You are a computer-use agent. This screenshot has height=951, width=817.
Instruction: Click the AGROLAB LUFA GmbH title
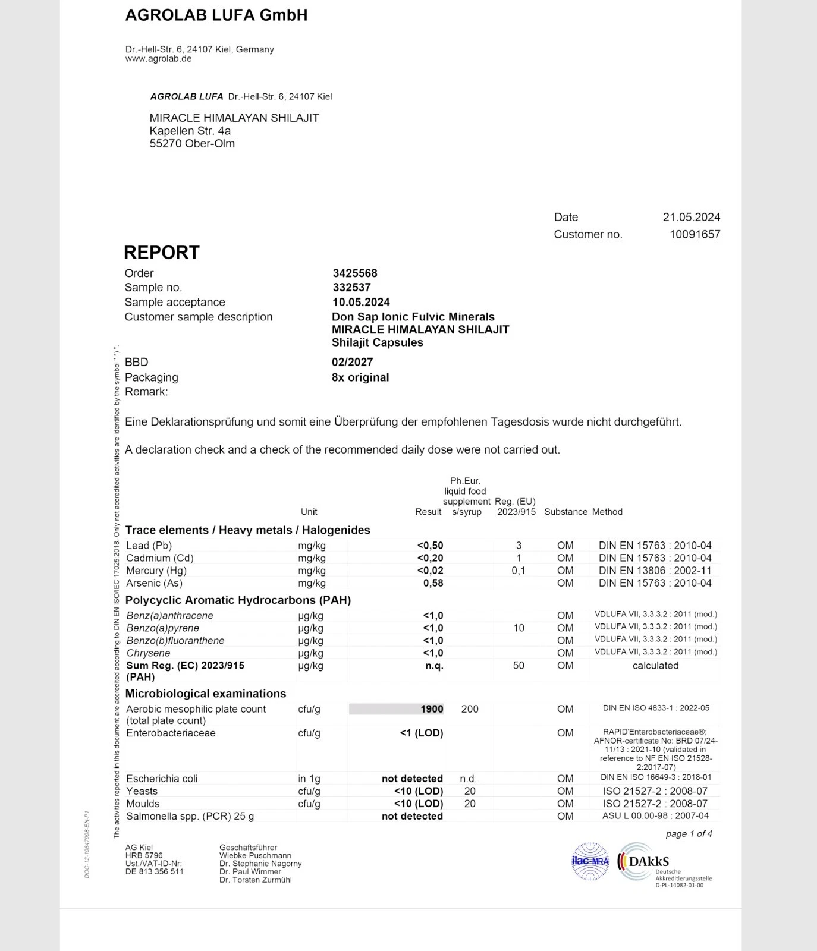[x=216, y=15]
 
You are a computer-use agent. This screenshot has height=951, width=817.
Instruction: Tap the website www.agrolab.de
[x=158, y=59]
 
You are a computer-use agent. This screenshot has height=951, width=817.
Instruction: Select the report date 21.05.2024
[x=691, y=218]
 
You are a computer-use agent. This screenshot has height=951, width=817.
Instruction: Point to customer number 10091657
[x=695, y=235]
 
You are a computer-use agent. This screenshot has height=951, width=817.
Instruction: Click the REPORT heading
[x=162, y=253]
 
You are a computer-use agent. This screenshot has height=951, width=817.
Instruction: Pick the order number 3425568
[x=354, y=273]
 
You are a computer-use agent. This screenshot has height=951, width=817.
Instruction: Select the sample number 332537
[x=351, y=288]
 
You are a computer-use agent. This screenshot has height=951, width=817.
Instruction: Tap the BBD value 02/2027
[x=352, y=362]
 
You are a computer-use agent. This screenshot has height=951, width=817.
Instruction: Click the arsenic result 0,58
[x=433, y=583]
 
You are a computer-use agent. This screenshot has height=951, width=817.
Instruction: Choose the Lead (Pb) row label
[x=149, y=546]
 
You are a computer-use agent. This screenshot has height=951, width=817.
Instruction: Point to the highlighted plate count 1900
[x=432, y=709]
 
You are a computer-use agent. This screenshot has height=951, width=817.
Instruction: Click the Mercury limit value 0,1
[x=519, y=571]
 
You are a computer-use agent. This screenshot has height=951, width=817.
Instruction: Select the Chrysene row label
[x=148, y=653]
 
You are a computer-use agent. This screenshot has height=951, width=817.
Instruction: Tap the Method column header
[x=607, y=512]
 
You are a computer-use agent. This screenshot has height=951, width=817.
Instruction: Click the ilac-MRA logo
[x=590, y=861]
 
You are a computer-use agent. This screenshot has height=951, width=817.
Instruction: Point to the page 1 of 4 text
[x=689, y=834]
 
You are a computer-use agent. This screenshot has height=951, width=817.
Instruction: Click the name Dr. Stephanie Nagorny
[x=260, y=864]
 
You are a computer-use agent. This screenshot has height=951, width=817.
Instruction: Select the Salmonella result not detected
[x=412, y=817]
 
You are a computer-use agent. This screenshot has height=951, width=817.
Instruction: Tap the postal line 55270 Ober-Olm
[x=192, y=144]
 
